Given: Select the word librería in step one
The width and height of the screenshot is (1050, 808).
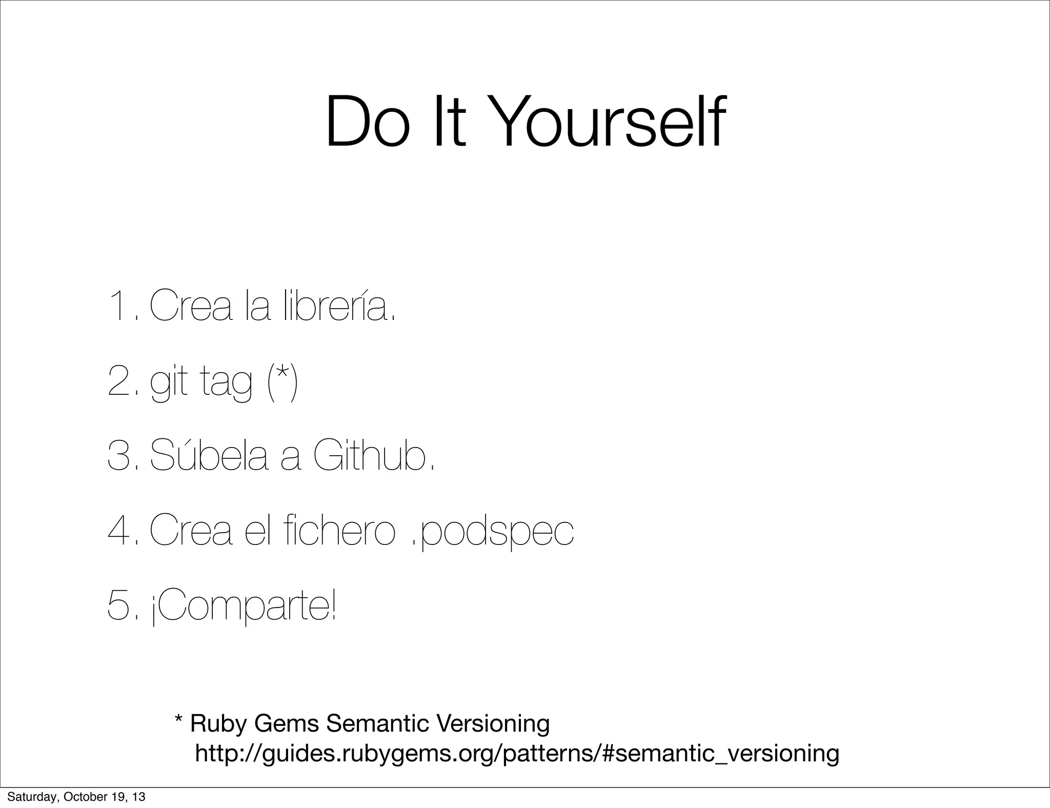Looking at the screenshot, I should (338, 306).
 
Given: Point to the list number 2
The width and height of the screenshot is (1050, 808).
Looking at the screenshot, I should (121, 383).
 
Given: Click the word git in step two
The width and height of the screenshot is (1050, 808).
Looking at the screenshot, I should (168, 383).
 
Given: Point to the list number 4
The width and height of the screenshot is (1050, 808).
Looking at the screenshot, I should (120, 532).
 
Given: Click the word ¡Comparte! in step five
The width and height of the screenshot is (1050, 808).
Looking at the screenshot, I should (244, 608).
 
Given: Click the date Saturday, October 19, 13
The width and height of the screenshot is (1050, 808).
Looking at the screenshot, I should (76, 797).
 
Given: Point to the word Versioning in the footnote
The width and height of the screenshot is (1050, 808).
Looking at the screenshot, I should (492, 724).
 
